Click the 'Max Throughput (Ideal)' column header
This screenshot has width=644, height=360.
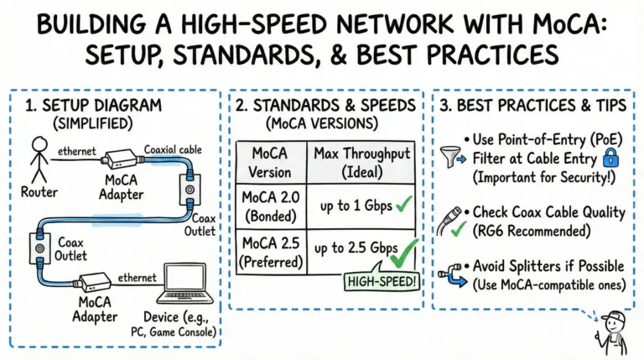coord(360,163)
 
